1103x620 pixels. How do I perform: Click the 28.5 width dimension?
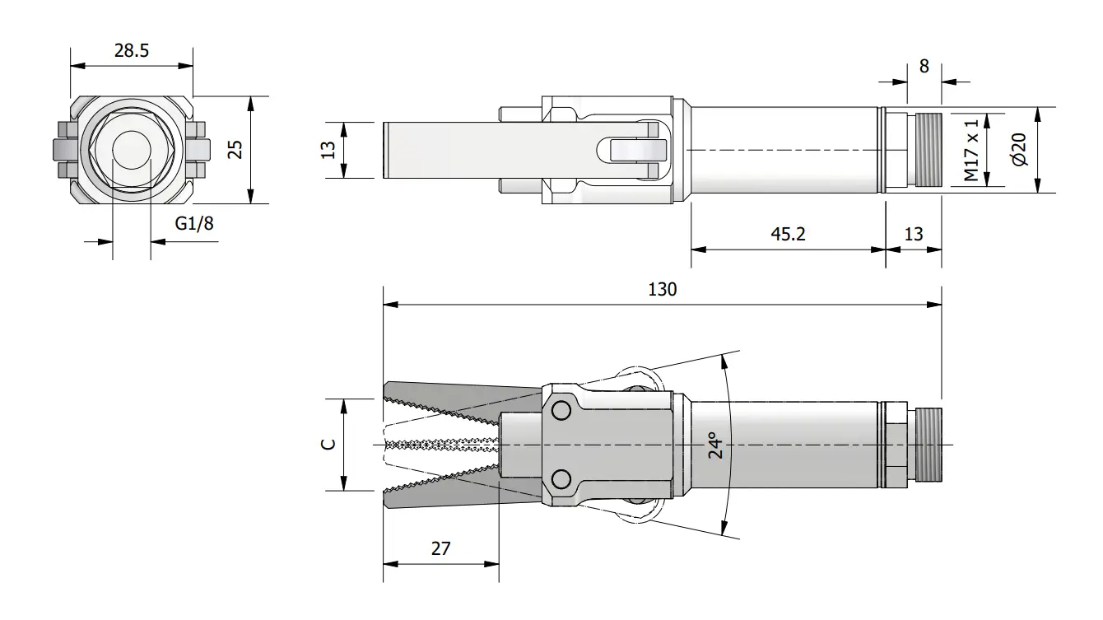coord(132,51)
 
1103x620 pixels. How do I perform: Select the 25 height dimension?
coord(235,149)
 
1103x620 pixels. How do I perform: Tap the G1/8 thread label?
coord(194,224)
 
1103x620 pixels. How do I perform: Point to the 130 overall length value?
coord(663,289)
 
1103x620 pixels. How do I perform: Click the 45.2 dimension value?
coord(788,234)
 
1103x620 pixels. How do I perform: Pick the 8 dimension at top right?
coord(924,66)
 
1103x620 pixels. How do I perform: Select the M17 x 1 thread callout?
coord(972,150)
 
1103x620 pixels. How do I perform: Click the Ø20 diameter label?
coord(1020,149)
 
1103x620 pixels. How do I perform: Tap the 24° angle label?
coord(715,445)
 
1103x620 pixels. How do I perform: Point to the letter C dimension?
coord(328,444)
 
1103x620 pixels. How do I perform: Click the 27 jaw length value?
coord(440,548)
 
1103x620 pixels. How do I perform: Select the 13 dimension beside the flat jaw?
coord(328,150)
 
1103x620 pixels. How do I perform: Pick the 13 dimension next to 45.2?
coord(914,234)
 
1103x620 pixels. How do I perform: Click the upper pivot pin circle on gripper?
coord(561,410)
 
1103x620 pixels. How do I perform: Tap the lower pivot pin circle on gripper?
coord(561,478)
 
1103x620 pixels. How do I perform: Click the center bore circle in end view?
coord(132,150)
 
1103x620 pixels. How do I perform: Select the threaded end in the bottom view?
coord(928,445)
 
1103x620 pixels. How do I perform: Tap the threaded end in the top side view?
coord(928,150)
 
